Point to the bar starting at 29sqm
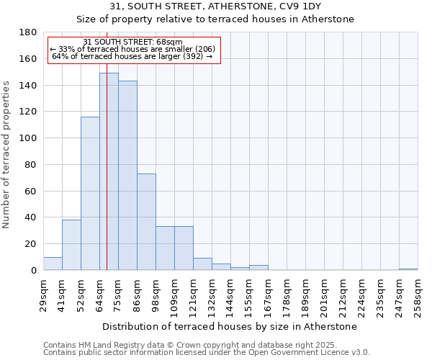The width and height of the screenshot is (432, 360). pos(53,264)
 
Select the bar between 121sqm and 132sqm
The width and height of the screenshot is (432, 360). pos(202,264)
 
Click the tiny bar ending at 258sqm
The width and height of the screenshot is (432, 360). pos(408,269)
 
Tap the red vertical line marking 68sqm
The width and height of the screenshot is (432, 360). pos(107,144)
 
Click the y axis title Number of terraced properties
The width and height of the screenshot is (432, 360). pos(6,155)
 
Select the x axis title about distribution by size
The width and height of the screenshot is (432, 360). pos(230,326)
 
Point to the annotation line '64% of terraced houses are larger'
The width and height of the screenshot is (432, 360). pos(132,56)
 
